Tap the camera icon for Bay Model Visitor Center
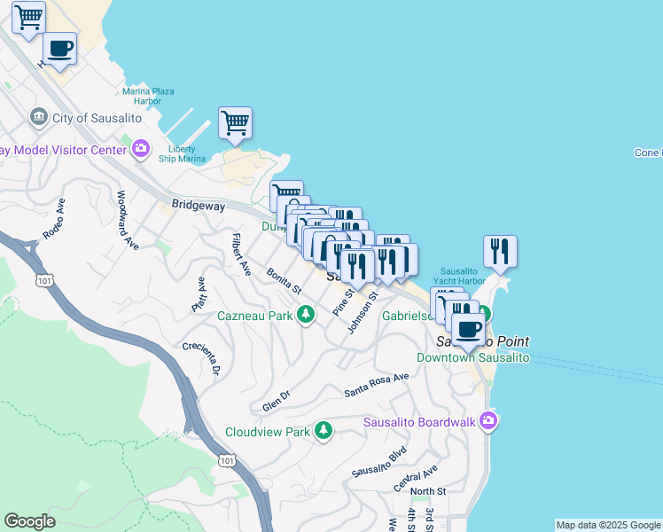[140, 149]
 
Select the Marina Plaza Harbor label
[148, 96]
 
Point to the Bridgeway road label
[198, 205]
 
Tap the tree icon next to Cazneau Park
[306, 315]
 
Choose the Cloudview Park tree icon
[324, 432]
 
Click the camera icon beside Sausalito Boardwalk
[487, 421]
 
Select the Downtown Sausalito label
[473, 357]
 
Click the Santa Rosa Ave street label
[377, 383]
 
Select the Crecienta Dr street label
[201, 357]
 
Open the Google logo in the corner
[29, 522]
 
